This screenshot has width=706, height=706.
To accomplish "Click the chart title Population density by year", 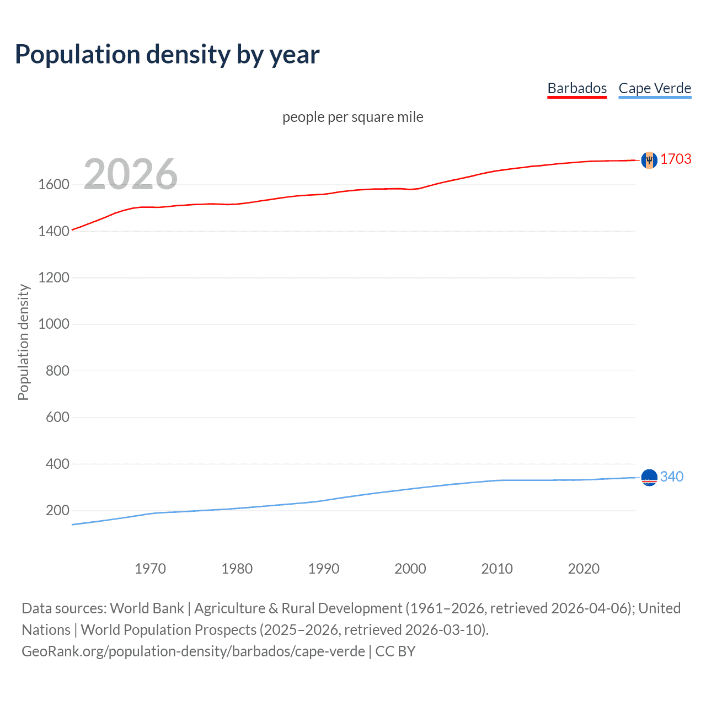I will tap(167, 55).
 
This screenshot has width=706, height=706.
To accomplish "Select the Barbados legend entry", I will tap(576, 88).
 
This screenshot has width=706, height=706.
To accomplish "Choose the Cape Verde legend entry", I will tap(655, 88).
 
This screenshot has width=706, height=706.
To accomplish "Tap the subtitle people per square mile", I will tap(352, 117).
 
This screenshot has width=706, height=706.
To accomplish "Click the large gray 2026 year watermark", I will tap(131, 174).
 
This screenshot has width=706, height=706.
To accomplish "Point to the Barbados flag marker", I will tap(649, 160).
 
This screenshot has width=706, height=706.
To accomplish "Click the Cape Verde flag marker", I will tap(649, 477).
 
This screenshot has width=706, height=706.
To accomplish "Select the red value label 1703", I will tap(676, 159).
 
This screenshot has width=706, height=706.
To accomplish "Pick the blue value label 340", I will tap(671, 477).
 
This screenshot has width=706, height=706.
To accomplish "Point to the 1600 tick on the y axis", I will tap(54, 184).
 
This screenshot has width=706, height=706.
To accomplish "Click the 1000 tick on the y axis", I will tap(54, 324).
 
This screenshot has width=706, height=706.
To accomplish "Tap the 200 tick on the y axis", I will tap(57, 510).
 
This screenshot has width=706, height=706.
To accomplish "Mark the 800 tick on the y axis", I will tap(57, 371).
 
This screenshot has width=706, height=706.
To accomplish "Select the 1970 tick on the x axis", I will tap(150, 569).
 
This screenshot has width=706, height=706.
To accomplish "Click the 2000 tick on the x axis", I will tap(410, 569).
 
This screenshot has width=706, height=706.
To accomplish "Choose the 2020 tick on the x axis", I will tap(584, 569).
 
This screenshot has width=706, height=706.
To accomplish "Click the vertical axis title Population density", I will tap(23, 342).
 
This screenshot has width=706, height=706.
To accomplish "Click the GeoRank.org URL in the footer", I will tap(193, 651).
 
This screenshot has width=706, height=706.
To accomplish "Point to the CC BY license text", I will tap(395, 651).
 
